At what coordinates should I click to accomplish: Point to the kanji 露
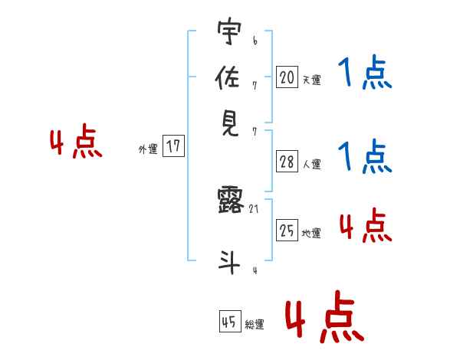point(229,201)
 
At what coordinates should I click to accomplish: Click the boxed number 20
point(287,77)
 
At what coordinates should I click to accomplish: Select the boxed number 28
point(287,162)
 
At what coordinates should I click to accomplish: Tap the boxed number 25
point(287,231)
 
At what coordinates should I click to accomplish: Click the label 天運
point(311,80)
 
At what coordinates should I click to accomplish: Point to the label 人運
point(311,164)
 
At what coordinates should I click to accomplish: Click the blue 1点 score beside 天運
point(364,74)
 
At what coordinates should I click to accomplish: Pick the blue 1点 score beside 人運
point(364,157)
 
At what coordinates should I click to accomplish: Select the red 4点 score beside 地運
point(364,226)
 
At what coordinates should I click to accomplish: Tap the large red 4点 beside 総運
point(324,316)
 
